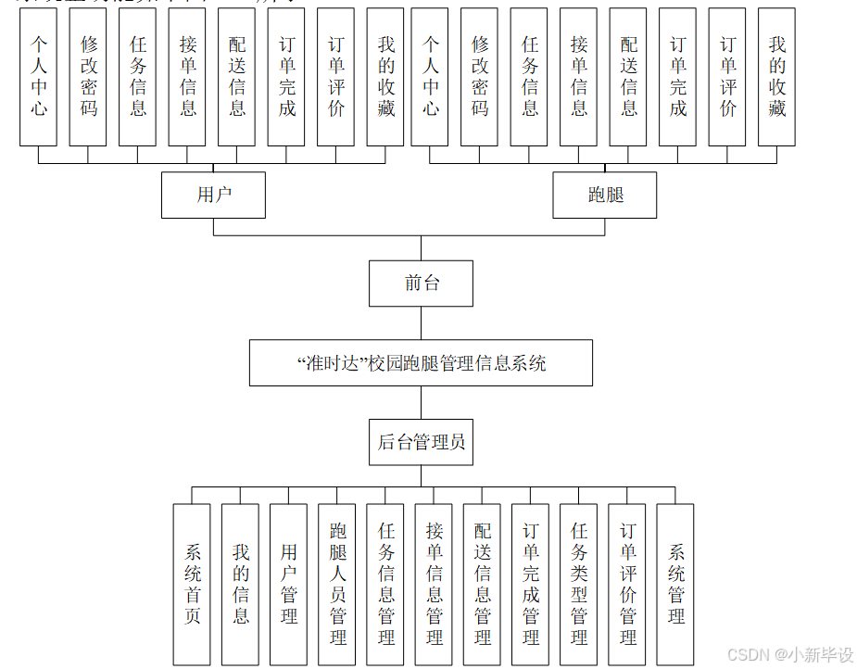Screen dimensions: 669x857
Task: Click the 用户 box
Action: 213,195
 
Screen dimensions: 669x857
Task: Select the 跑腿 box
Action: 605,195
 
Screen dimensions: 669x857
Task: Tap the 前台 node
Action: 422,284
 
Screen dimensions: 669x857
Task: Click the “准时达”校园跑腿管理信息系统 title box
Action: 421,363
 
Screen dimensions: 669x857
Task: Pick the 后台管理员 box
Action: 422,442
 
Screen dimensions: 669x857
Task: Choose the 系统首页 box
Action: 192,584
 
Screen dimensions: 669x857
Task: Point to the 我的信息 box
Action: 240,584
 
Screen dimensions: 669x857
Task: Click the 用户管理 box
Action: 288,584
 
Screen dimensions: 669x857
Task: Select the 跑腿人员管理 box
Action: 337,584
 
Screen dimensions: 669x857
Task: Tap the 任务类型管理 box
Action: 578,584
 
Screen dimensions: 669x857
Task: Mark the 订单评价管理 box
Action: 627,584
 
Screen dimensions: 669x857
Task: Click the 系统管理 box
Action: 675,584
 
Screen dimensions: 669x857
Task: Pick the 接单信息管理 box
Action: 434,584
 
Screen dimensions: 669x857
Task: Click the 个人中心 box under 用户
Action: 39,77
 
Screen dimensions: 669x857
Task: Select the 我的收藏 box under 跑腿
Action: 776,77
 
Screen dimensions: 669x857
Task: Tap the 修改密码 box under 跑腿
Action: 480,77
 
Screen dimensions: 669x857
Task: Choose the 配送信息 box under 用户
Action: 237,77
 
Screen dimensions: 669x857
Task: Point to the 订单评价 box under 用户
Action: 336,77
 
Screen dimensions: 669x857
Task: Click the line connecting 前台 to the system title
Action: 422,323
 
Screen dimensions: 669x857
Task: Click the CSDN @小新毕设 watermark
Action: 789,655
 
